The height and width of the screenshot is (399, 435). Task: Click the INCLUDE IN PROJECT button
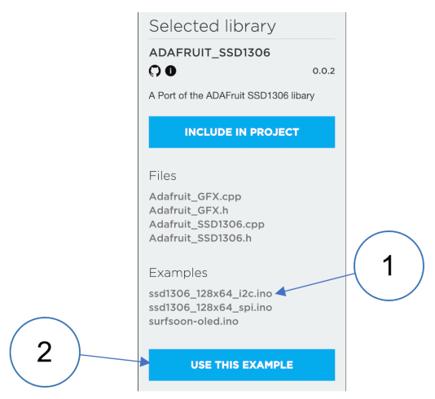pos(242,132)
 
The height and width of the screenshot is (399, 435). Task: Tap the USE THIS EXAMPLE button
pos(242,365)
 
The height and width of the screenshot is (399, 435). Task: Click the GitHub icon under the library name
pos(155,71)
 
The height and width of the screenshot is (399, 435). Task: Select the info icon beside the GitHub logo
pos(170,71)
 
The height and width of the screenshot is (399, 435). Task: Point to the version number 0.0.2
pos(323,71)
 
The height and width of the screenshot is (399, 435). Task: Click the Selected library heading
pos(213,26)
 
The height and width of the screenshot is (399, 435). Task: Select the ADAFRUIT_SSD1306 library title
pos(209,53)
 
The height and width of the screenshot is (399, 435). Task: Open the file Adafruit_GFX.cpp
pos(195,196)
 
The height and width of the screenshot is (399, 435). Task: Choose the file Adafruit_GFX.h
pos(189,210)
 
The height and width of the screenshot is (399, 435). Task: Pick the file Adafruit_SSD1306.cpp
pos(207,224)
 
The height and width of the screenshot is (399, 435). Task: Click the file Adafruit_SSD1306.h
pos(200,239)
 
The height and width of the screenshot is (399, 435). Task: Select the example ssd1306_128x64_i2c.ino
pos(210,294)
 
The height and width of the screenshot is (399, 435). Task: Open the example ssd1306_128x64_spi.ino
pos(210,308)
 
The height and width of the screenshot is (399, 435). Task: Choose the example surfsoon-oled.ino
pos(193,322)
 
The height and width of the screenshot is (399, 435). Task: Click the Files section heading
pos(163,176)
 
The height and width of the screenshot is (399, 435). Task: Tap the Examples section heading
pos(178,273)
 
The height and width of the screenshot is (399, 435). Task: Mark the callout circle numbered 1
pos(389,231)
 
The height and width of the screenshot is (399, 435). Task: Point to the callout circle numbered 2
pos(45,318)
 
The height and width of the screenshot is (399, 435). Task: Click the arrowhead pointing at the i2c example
pos(280,292)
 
